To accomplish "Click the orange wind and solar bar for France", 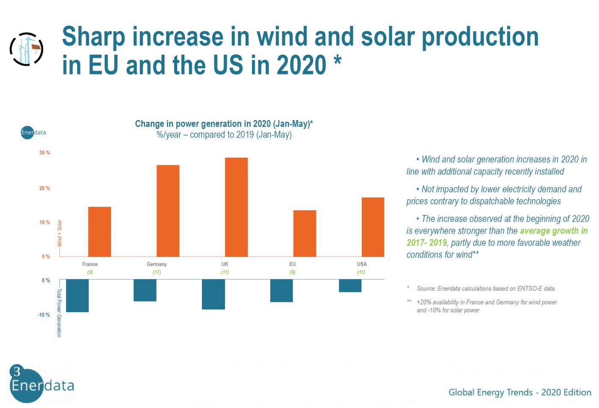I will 99,232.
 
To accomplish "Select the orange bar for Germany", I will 168,211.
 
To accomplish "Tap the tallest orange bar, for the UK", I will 236,207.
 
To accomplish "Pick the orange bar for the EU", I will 305,233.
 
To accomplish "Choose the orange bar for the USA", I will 373,227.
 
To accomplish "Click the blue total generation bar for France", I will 77,295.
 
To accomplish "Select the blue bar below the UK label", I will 214,294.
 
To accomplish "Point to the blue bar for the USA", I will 350,286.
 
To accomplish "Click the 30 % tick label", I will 44,153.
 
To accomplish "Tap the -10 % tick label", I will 44,315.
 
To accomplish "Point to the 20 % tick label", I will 44,188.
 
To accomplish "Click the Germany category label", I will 157,264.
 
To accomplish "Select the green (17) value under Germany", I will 157,272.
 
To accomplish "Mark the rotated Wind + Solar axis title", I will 59,233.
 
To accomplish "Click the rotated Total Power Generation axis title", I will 59,313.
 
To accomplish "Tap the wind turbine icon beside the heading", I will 27,49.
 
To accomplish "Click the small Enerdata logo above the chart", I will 33,132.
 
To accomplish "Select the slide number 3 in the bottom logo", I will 17,371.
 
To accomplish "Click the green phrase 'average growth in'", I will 554,231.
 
